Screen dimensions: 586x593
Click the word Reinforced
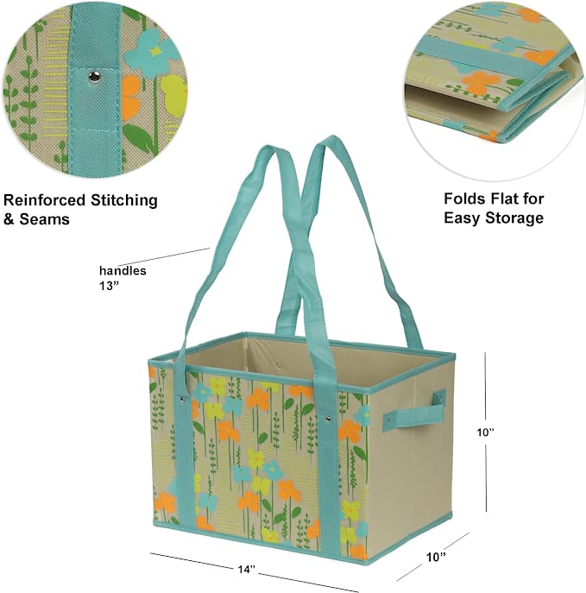[45, 200]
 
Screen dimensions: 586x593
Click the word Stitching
[124, 200]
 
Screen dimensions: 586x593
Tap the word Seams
[44, 219]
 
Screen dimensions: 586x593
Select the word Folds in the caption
[464, 199]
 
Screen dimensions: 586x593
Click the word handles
[123, 271]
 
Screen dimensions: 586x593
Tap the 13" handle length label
[109, 286]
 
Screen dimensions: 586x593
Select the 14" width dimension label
[247, 569]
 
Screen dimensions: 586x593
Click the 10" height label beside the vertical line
[485, 432]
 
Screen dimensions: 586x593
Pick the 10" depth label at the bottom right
[436, 557]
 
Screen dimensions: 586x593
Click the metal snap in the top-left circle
[94, 77]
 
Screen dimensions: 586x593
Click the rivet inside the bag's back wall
[279, 366]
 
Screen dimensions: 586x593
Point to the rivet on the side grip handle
[388, 419]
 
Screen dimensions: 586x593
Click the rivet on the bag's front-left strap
[183, 399]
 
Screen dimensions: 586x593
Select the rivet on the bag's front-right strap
[327, 419]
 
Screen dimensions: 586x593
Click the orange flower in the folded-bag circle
[479, 83]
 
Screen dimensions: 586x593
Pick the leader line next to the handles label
[164, 256]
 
